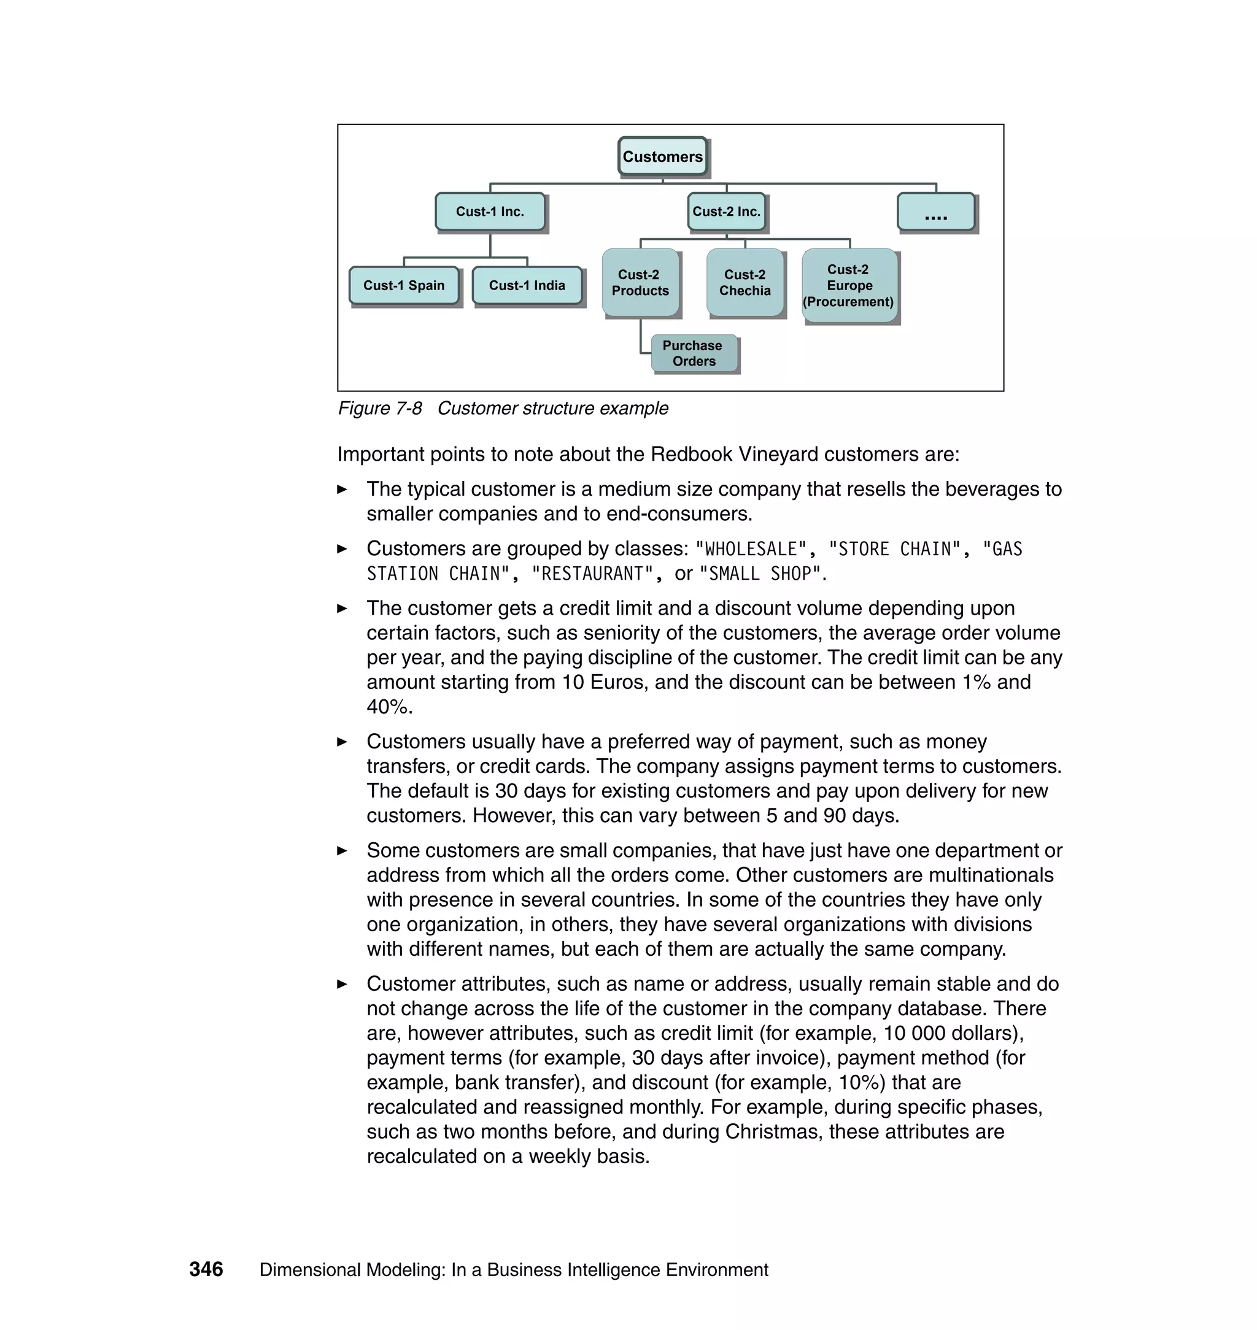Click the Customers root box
coord(662,156)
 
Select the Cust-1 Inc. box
coord(490,212)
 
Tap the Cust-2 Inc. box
coord(726,212)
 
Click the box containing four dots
coord(935,212)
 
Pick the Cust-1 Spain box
coord(403,285)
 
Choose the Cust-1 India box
coord(527,285)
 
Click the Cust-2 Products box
coord(640,283)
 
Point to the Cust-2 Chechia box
coord(745,283)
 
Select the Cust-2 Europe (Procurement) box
coord(848,285)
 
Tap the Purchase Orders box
coord(694,353)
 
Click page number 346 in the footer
coord(206,1269)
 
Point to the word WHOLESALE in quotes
coord(751,549)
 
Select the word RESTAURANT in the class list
coord(592,574)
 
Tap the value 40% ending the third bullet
coord(389,707)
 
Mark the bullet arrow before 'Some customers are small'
coord(342,850)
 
